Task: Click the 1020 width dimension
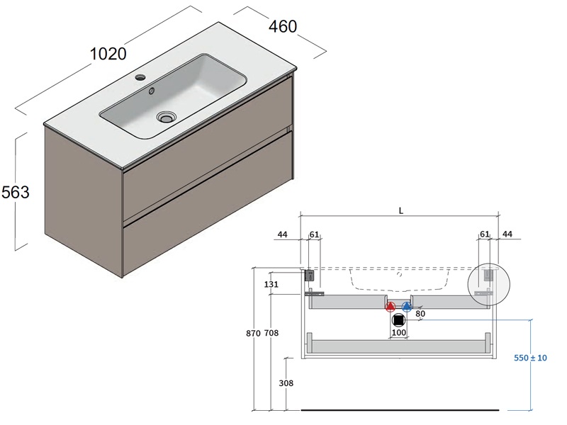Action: click(108, 54)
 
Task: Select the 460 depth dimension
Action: click(282, 26)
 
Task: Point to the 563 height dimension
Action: click(15, 191)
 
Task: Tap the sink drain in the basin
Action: click(166, 117)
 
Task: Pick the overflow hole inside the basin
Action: click(151, 91)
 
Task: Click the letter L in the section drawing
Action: click(401, 210)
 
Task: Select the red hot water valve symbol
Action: click(390, 307)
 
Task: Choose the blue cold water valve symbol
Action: click(407, 307)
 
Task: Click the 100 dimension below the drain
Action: click(398, 332)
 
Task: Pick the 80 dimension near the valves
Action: click(420, 313)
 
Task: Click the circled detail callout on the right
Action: click(488, 283)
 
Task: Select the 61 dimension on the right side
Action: click(485, 234)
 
